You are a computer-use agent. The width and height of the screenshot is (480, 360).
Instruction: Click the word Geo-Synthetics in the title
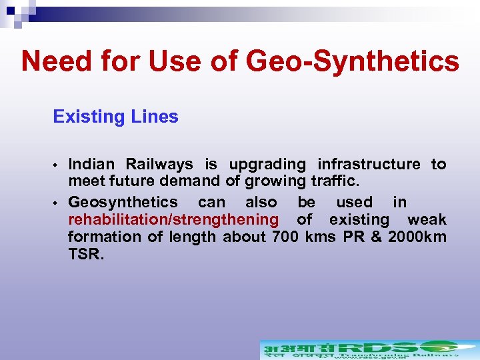353,62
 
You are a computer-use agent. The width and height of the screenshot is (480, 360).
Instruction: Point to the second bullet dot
59,203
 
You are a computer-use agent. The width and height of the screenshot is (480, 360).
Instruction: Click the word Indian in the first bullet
92,164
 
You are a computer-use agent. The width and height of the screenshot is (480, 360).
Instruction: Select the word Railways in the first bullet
159,164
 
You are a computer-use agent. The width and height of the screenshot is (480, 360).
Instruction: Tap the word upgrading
267,164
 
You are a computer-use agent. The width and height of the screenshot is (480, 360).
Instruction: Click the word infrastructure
369,164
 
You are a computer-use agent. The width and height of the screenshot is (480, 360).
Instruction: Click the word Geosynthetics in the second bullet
123,202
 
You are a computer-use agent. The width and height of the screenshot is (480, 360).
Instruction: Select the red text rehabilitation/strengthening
173,219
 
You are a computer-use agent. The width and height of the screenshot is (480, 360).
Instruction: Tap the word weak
427,219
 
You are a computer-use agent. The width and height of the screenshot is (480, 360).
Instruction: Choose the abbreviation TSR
85,254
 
